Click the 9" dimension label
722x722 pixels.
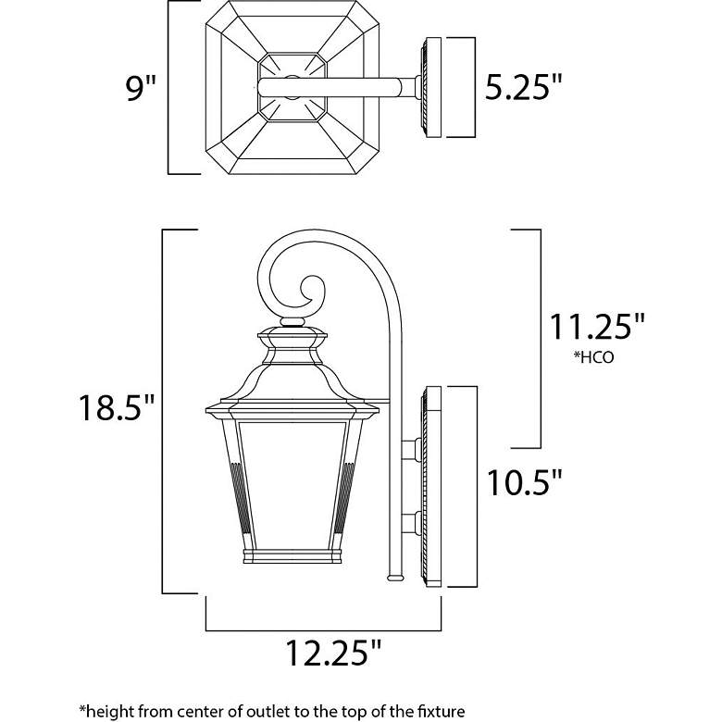pos(141,88)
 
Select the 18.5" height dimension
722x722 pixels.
pos(117,407)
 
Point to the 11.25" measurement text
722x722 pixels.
pos(597,327)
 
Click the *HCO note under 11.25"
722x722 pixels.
pos(593,357)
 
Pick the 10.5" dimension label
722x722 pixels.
pos(525,481)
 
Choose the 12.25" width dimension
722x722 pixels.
pos(334,653)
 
